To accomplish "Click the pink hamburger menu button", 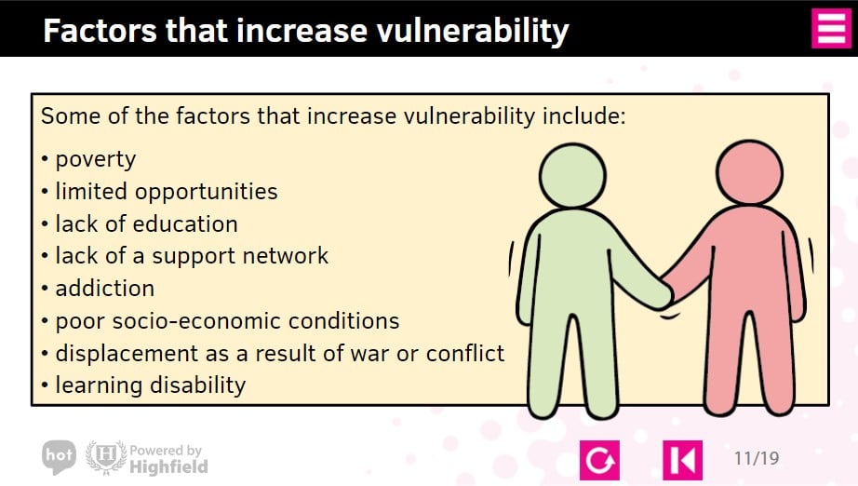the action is tap(831, 29).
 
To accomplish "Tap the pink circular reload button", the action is tap(599, 460).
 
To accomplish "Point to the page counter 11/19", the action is tap(757, 458).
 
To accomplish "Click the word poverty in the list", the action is tap(96, 160).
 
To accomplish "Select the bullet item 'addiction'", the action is tap(105, 289).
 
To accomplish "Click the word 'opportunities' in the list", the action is tap(207, 192).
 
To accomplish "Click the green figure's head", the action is tap(572, 176).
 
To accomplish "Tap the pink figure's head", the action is tap(749, 172).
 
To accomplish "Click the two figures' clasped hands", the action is tap(666, 295).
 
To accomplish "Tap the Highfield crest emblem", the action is tap(106, 457).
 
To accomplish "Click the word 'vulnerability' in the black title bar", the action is tap(473, 31).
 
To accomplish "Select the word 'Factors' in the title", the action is tap(101, 31).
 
